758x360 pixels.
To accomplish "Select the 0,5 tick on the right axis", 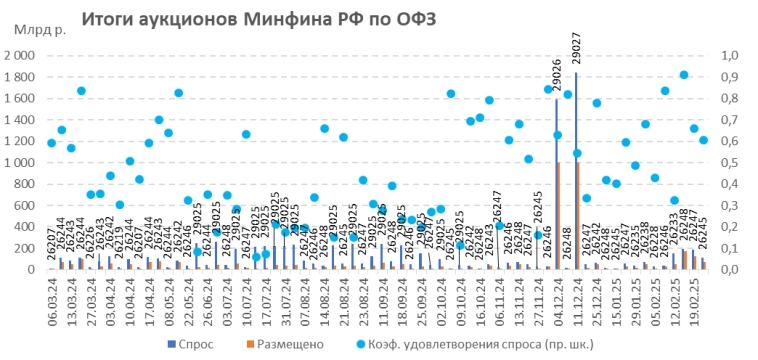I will (727, 163).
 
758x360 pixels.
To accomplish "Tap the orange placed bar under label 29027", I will (578, 215).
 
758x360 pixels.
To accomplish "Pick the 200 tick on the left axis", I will (27, 248).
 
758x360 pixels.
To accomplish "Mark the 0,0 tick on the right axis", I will (727, 270).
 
